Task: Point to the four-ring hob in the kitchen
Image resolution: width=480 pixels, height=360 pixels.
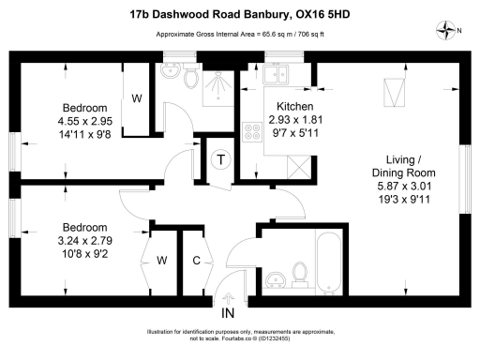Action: [251, 132]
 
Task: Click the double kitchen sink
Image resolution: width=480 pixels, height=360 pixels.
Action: [278, 75]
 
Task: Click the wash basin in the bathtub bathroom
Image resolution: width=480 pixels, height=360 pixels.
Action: [274, 280]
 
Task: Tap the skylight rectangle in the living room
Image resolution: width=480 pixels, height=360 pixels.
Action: [393, 94]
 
